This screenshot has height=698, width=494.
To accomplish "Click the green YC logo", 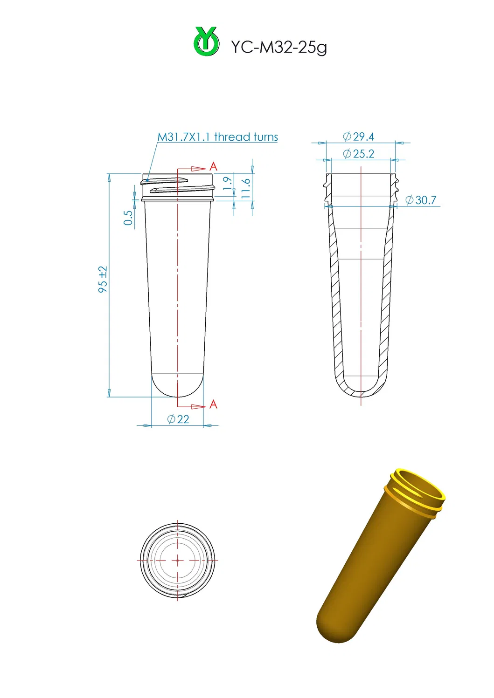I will tap(206, 41).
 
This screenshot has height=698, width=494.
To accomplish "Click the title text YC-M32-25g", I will tap(278, 47).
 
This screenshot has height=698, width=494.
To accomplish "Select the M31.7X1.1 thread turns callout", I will tap(217, 137).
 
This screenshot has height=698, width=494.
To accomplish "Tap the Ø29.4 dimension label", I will tap(358, 137).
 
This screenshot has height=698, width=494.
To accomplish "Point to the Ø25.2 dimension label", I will tap(358, 154).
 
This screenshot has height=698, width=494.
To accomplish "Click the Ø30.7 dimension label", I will tap(421, 200).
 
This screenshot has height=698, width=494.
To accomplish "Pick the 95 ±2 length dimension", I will tap(103, 280).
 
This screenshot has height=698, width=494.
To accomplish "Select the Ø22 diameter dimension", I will tap(178, 419).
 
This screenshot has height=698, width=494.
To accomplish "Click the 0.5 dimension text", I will tap(128, 218).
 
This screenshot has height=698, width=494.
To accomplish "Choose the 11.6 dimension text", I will tap(246, 188).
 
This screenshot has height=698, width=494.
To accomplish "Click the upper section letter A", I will tap(213, 166).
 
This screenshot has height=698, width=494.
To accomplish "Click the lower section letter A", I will tap(213, 404).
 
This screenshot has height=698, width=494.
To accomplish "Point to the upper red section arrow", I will tap(198, 169).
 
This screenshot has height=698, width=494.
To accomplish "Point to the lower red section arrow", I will tap(198, 407).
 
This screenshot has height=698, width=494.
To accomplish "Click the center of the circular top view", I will tap(178, 561).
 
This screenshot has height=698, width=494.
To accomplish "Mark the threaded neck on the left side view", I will tap(178, 187).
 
